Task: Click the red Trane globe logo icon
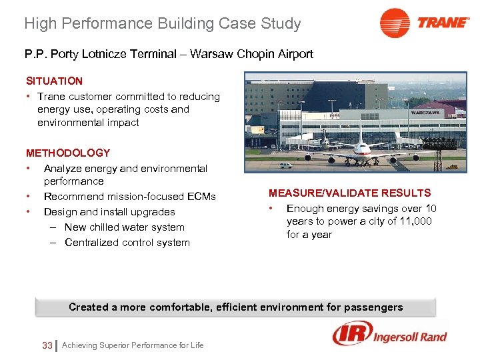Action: point(395,23)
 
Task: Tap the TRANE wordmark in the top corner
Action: point(443,23)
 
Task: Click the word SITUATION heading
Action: point(55,81)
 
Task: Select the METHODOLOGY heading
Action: point(68,153)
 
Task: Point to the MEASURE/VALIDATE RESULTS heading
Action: point(349,193)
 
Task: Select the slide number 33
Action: point(47,345)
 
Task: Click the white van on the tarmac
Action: point(285,165)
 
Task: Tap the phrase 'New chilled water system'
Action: point(124,227)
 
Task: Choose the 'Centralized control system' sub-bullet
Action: point(127,242)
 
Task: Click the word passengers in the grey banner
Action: point(373,307)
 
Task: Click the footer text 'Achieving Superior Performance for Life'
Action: point(133,345)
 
